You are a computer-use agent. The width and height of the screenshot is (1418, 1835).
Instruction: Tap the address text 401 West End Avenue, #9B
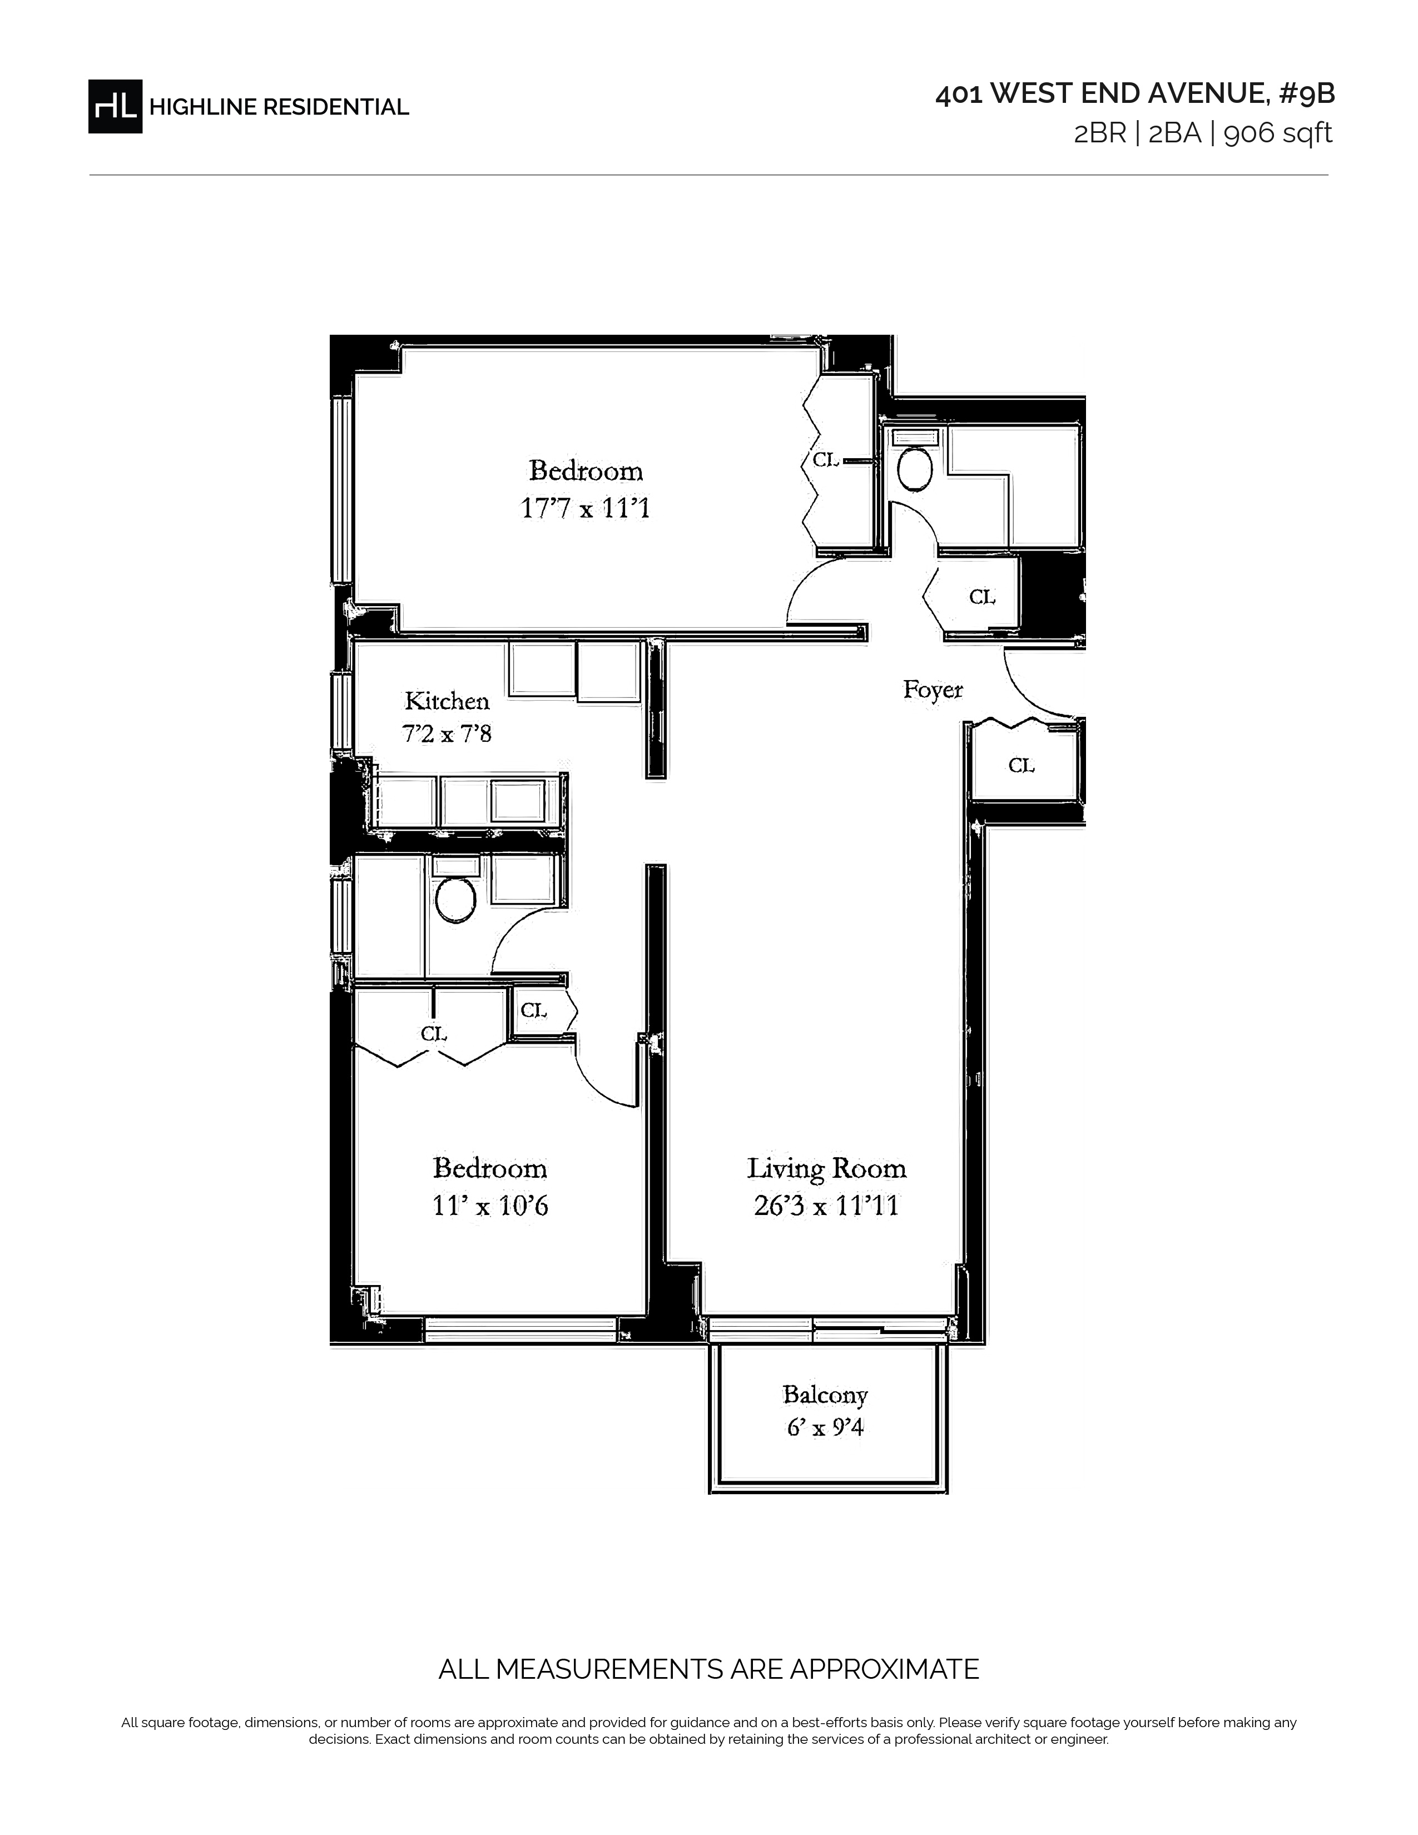point(1135,94)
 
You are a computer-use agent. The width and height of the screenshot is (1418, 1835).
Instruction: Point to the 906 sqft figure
point(1278,133)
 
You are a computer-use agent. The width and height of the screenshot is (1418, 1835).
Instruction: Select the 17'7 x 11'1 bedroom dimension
point(586,508)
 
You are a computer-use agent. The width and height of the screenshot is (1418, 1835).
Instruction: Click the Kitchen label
point(447,701)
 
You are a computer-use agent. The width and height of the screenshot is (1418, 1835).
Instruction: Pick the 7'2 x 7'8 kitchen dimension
point(447,733)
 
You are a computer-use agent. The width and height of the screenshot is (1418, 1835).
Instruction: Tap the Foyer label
point(933,690)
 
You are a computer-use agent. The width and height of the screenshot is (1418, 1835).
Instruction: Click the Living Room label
point(826,1169)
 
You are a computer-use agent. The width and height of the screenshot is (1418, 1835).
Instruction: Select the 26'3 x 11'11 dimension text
point(826,1206)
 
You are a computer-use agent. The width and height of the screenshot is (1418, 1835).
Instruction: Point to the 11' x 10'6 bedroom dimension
point(490,1206)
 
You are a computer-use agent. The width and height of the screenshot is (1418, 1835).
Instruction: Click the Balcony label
point(825,1395)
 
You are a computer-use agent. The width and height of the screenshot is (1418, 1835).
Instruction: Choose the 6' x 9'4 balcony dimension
point(825,1427)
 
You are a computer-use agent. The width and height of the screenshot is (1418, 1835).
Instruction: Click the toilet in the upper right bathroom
point(915,469)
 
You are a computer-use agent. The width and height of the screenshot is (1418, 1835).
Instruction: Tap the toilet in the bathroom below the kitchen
point(455,900)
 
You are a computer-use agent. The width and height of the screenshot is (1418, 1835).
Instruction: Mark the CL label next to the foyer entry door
point(1022,766)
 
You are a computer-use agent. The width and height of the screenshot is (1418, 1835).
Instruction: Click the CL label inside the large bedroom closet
point(826,460)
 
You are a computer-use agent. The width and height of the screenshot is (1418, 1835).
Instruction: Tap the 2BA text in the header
point(1174,133)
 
